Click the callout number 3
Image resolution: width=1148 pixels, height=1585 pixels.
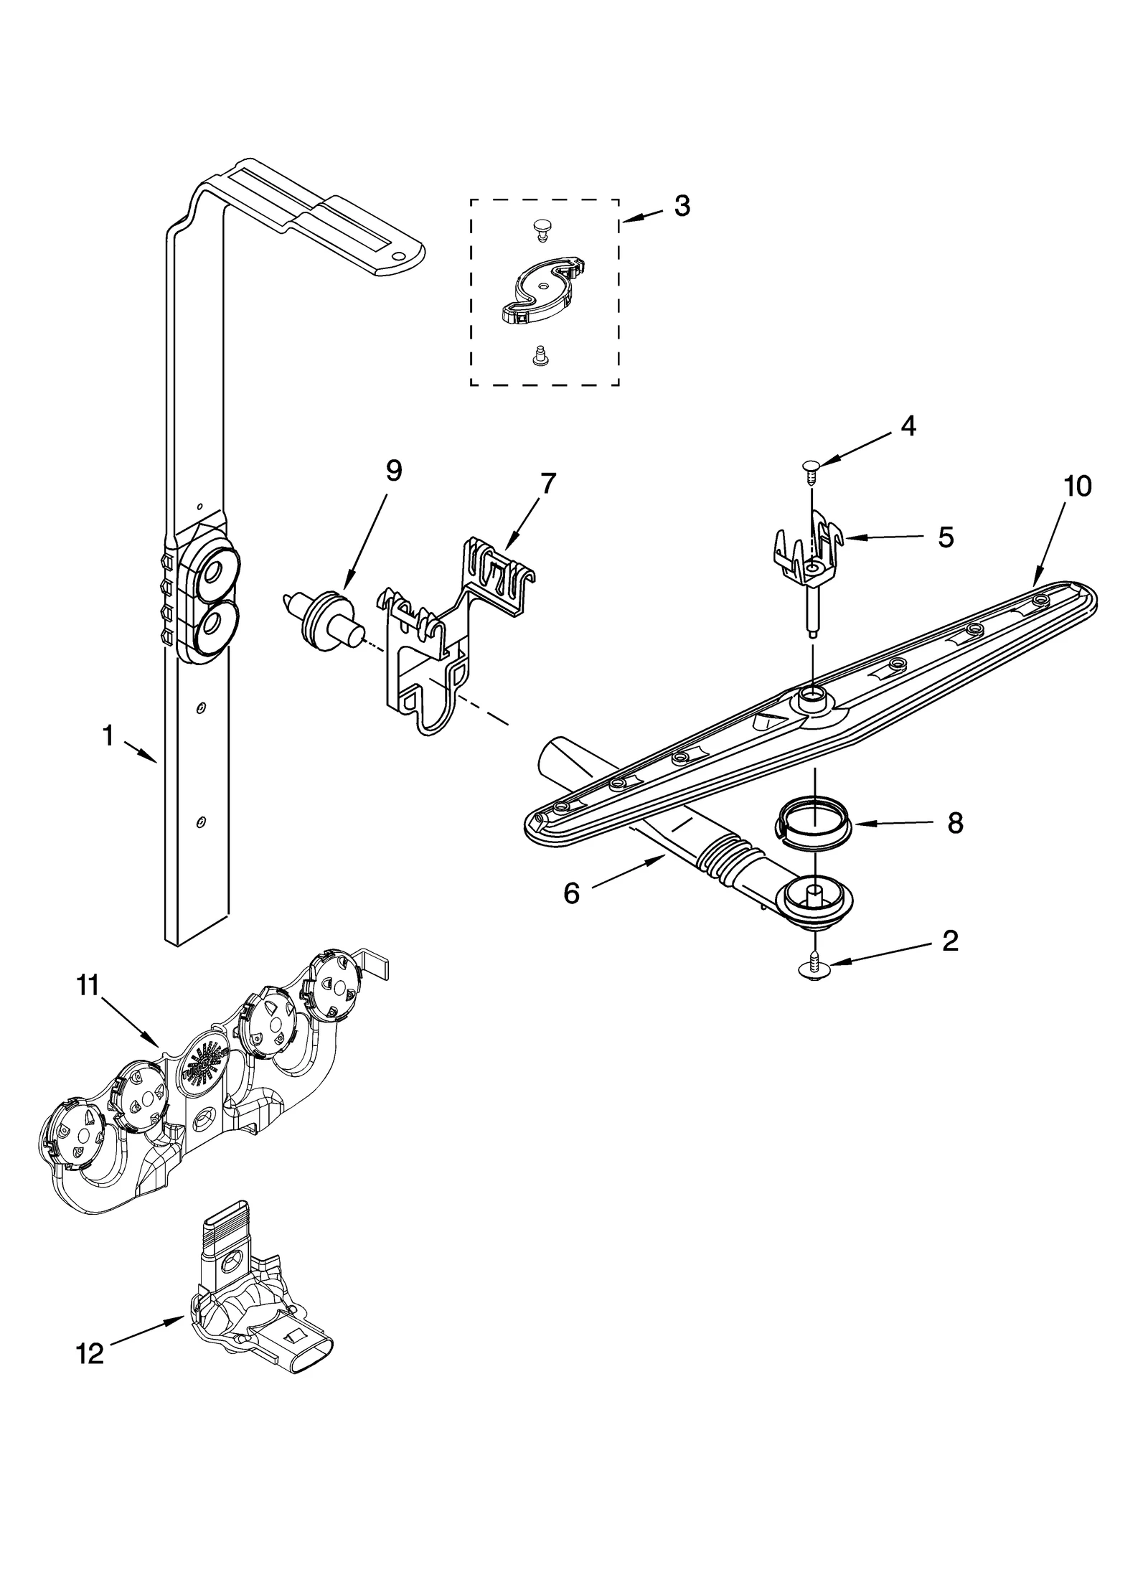[682, 207]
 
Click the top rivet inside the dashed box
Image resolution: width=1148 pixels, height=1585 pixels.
[542, 229]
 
